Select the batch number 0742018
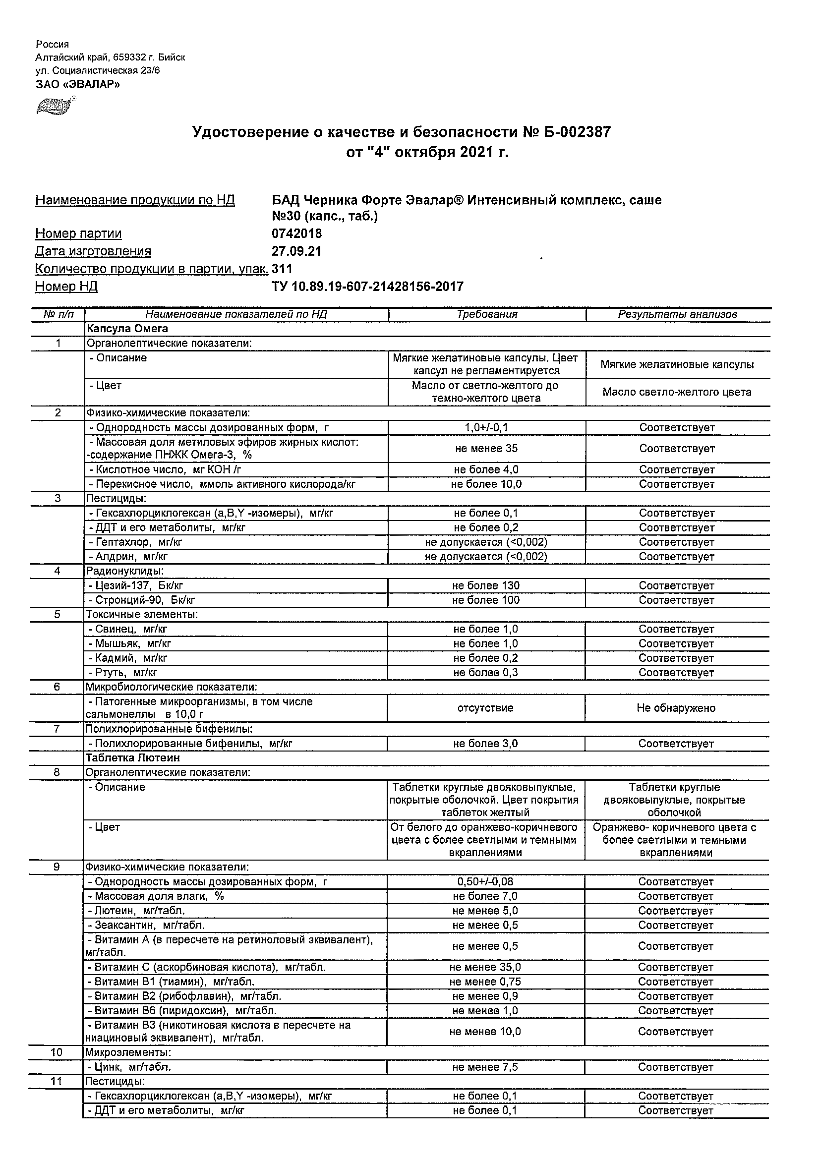click(x=296, y=233)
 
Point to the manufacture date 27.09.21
click(x=296, y=251)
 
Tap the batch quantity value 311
click(x=282, y=269)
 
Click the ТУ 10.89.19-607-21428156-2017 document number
click(x=367, y=287)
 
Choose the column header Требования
click(x=486, y=314)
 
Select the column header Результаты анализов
click(x=677, y=314)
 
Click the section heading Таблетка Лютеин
click(x=132, y=758)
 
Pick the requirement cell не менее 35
click(x=486, y=449)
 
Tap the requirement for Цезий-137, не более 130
click(x=486, y=585)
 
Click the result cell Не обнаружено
click(x=676, y=708)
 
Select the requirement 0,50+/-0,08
click(x=485, y=881)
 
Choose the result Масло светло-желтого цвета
click(x=677, y=392)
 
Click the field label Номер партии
click(x=78, y=233)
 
